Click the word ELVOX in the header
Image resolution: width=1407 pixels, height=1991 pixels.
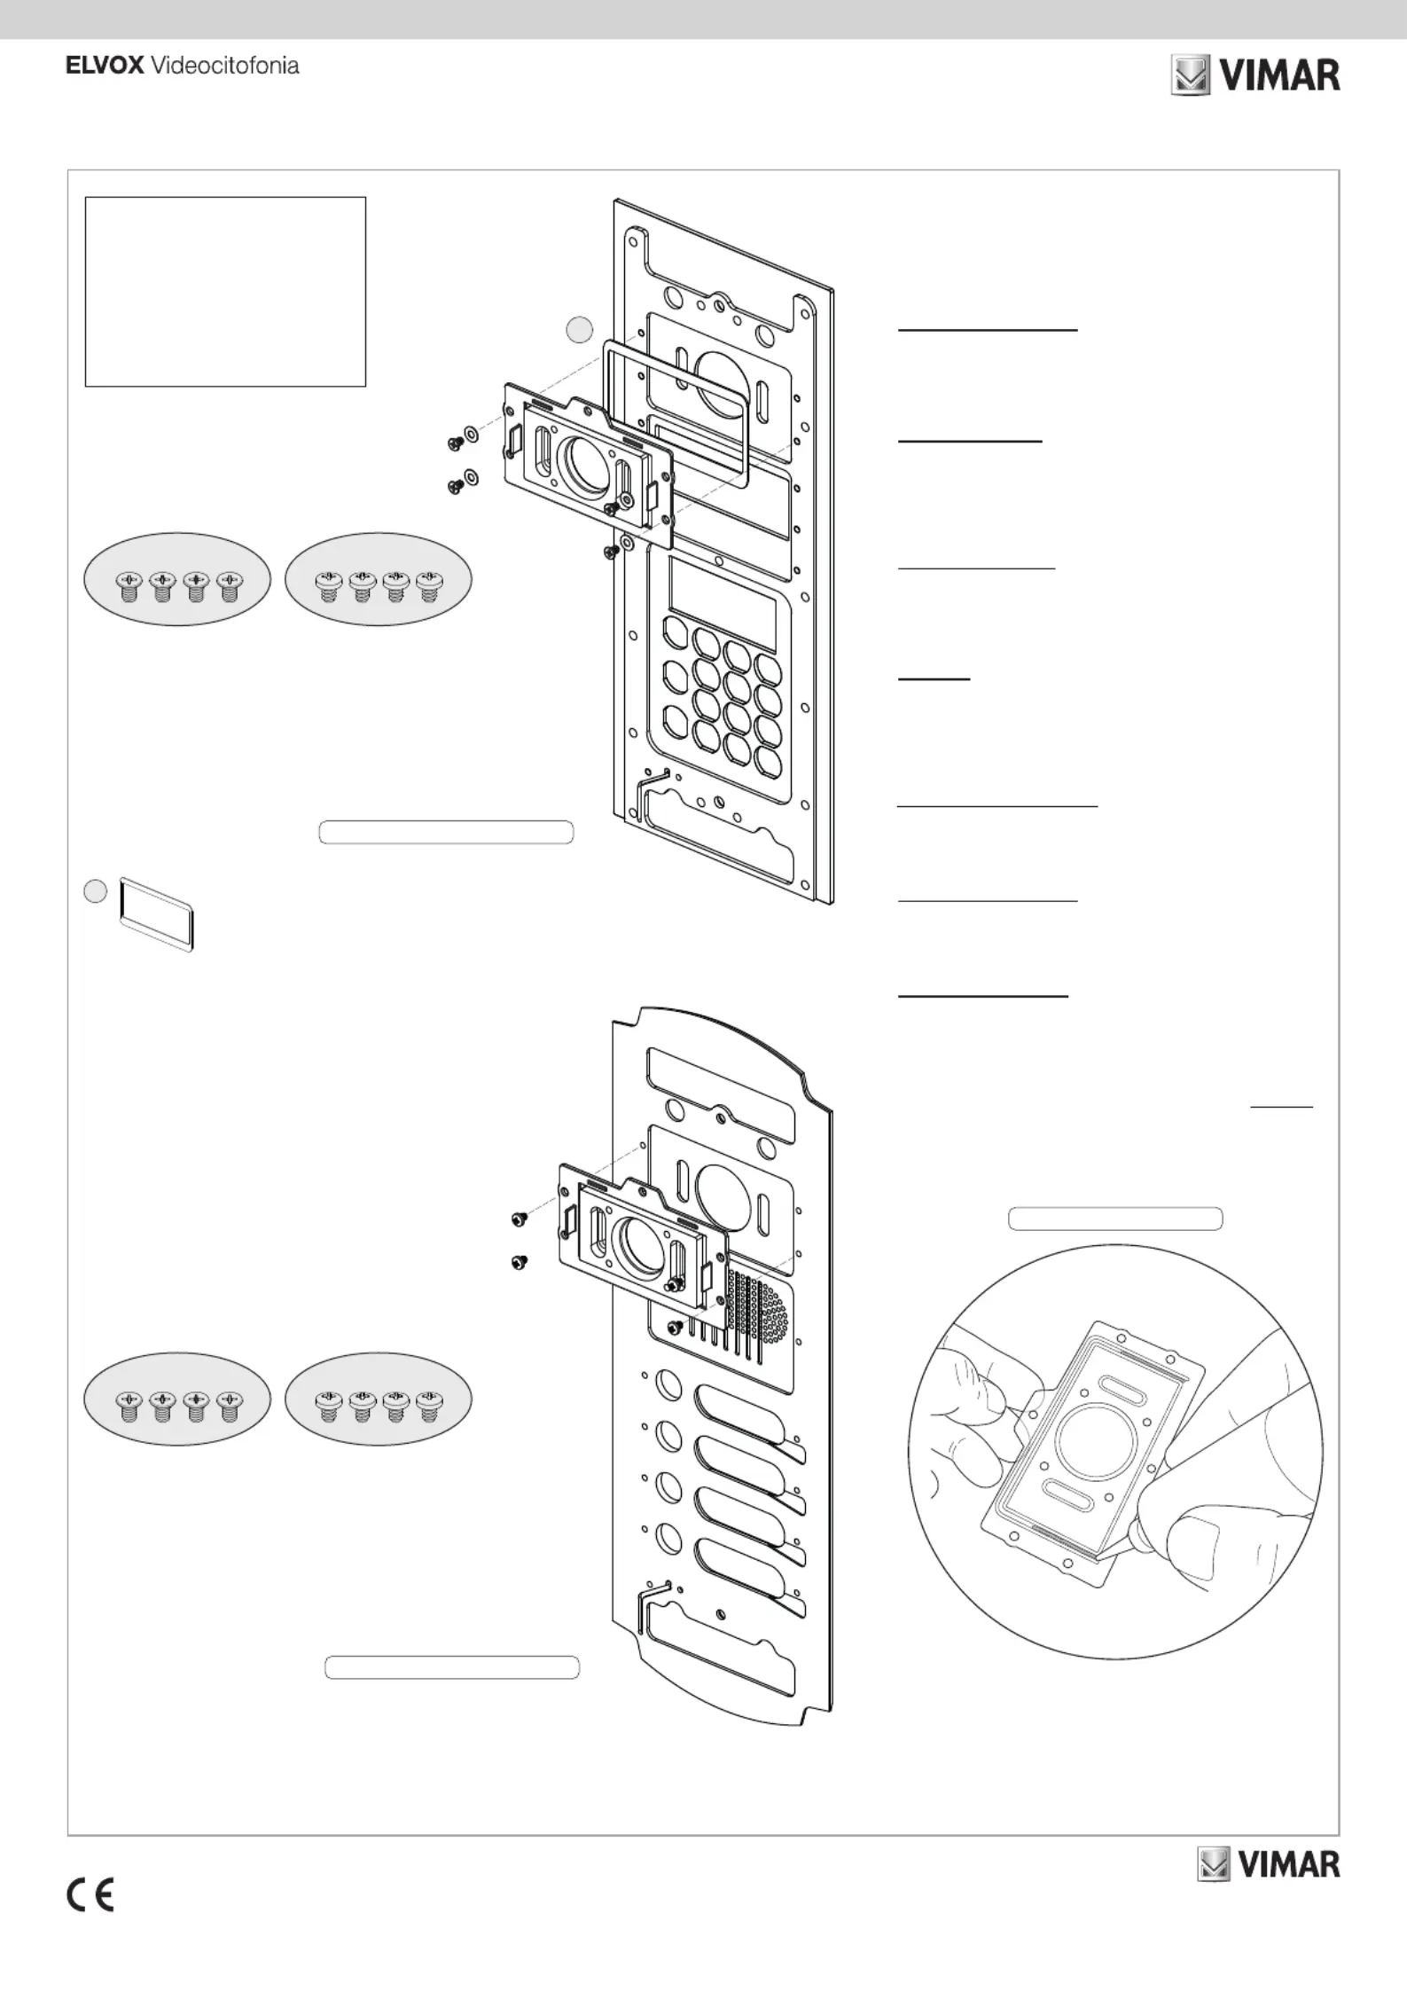(x=104, y=66)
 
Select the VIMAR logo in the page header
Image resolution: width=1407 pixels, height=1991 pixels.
(x=1255, y=76)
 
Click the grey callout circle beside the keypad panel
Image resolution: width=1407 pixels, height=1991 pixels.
(x=579, y=330)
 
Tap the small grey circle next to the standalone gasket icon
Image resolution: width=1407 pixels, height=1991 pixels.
(x=95, y=890)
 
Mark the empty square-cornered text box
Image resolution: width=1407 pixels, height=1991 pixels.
(x=225, y=292)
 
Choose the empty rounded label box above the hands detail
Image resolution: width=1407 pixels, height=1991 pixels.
(x=1115, y=1219)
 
